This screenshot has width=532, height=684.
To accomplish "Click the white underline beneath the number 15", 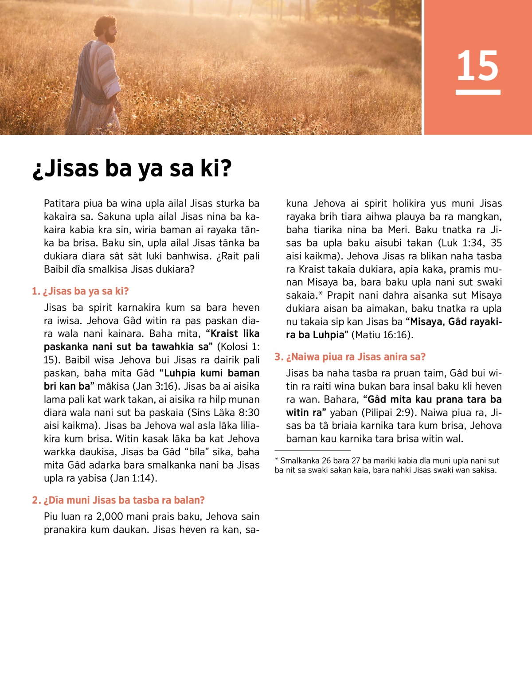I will click(478, 92).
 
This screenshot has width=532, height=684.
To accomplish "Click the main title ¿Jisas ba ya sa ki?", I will click(132, 168).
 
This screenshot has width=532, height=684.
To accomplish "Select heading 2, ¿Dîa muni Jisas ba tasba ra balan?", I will click(118, 500).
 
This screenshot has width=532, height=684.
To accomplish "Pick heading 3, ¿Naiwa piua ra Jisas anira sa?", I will click(350, 357).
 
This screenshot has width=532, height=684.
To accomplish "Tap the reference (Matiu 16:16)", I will click(382, 335).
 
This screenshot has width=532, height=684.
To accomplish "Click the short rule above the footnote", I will click(313, 450).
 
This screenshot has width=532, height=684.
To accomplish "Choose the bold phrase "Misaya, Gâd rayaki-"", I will click(454, 321).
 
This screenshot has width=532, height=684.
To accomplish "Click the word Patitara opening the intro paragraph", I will click(62, 203).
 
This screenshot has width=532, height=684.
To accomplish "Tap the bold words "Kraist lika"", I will click(233, 333).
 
